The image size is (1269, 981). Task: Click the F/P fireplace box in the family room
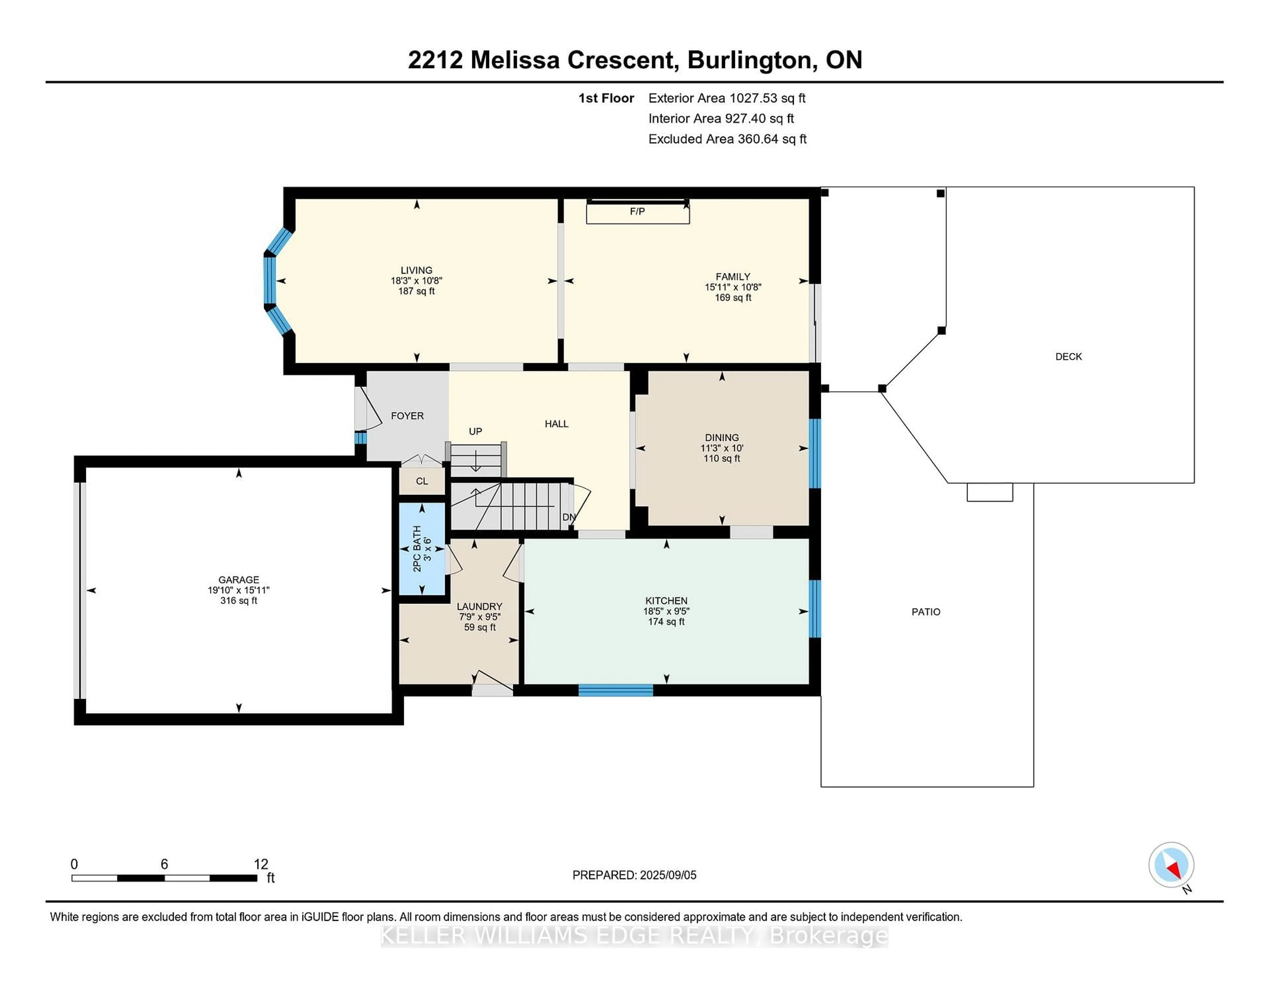click(637, 212)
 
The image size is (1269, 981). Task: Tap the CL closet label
click(422, 481)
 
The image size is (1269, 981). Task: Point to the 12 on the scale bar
click(261, 864)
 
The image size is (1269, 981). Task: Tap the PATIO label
click(926, 612)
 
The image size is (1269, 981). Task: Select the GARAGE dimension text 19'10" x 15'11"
click(239, 590)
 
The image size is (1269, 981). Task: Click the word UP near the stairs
click(475, 431)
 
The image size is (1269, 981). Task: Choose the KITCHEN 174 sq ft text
click(667, 622)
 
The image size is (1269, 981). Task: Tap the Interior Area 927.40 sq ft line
click(721, 119)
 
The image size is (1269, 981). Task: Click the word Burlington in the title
click(750, 60)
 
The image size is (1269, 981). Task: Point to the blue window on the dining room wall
click(815, 453)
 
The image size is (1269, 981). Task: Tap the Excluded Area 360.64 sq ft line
click(727, 139)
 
